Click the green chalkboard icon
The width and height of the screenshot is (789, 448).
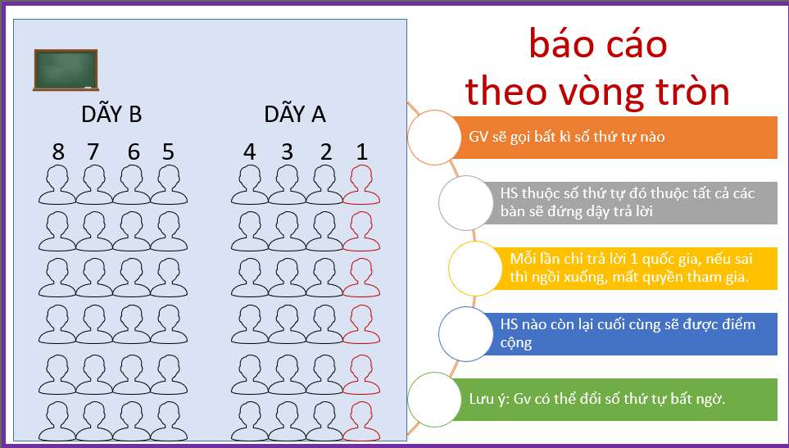pyautogui.click(x=66, y=70)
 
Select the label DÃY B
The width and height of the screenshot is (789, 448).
pyautogui.click(x=111, y=115)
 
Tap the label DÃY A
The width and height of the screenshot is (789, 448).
pyautogui.click(x=295, y=115)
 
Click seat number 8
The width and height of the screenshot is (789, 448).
pyautogui.click(x=58, y=152)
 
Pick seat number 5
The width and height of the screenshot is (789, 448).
pyautogui.click(x=168, y=152)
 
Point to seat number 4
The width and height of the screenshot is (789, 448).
pyautogui.click(x=250, y=152)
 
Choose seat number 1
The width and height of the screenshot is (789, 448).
pyautogui.click(x=362, y=152)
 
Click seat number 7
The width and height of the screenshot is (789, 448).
pyautogui.click(x=93, y=152)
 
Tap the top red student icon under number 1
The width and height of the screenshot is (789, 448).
pyautogui.click(x=362, y=184)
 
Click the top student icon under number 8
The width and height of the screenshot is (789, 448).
pyautogui.click(x=57, y=184)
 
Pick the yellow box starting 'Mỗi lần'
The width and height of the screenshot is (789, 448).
pyautogui.click(x=635, y=268)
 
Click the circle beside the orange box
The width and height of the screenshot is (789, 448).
pyautogui.click(x=434, y=136)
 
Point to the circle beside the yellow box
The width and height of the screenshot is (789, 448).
pyautogui.click(x=475, y=268)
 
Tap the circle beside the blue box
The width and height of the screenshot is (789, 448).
pyautogui.click(x=465, y=333)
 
